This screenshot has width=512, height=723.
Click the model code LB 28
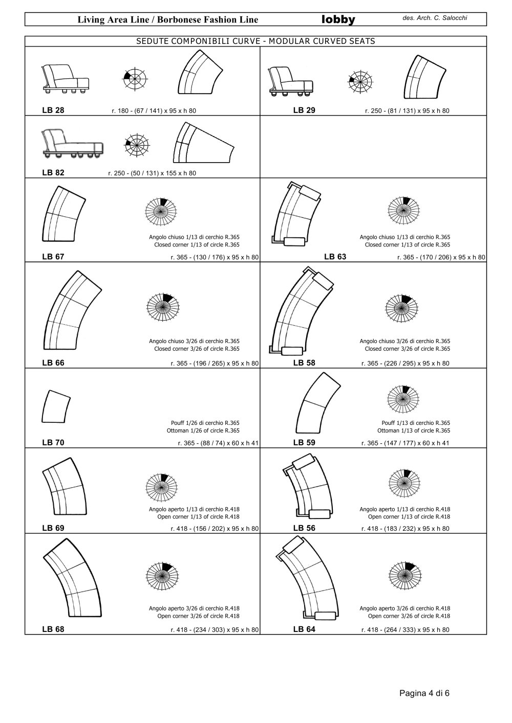pos(53,110)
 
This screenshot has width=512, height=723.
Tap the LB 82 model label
pos(53,172)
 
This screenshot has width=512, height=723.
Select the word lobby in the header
pos(338,20)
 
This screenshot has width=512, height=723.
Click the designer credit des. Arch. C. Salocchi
pos(434,18)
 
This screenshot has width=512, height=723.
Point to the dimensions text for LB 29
pos(407,111)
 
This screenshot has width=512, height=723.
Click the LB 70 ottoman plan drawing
pos(56,406)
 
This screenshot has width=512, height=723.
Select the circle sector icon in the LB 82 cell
pos(137,145)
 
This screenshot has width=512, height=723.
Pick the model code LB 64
pos(304,629)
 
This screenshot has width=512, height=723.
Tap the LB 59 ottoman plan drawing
pos(318,403)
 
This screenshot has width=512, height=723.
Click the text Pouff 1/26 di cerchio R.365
pos(205,423)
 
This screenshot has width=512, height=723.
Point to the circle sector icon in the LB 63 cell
pos(403,210)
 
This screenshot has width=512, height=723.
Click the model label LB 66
pos(53,363)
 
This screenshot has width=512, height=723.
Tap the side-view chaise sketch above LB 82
pos(73,143)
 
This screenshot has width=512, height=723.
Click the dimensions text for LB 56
pos(406,528)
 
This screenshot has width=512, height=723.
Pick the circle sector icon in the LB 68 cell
pos(162,576)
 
